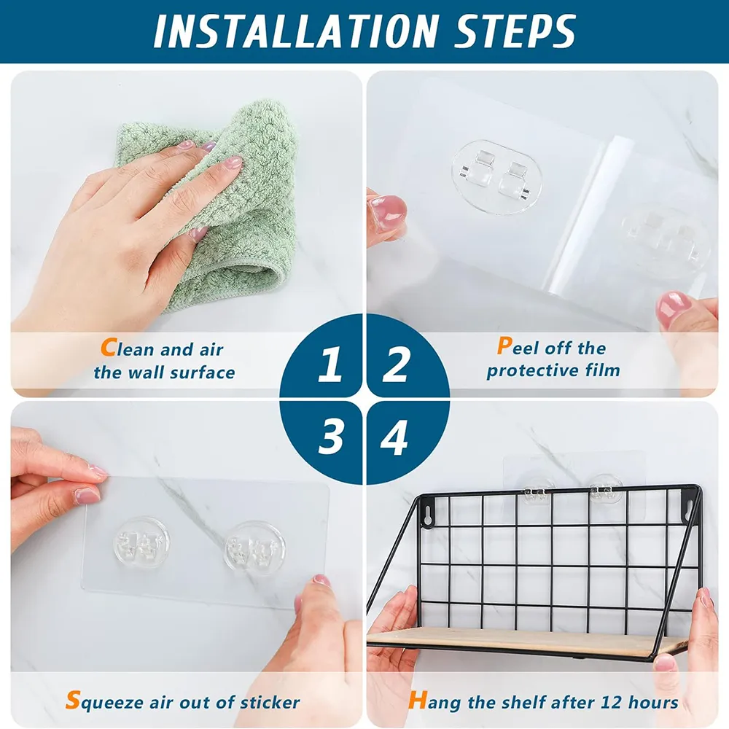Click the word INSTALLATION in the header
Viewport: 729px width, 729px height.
[296, 31]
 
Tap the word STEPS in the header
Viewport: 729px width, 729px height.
[515, 31]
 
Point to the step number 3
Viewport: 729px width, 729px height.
[330, 436]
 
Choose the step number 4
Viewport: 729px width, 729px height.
[394, 436]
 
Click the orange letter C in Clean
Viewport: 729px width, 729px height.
[109, 347]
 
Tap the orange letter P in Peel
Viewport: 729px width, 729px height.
[504, 346]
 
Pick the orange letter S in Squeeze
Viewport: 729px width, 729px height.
[73, 700]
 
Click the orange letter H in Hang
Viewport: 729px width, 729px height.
[418, 700]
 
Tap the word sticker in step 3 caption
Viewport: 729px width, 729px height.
[270, 702]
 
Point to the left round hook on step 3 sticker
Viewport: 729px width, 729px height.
[141, 542]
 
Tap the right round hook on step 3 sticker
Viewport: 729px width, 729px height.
[254, 547]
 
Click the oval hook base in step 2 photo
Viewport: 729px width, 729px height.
[496, 176]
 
